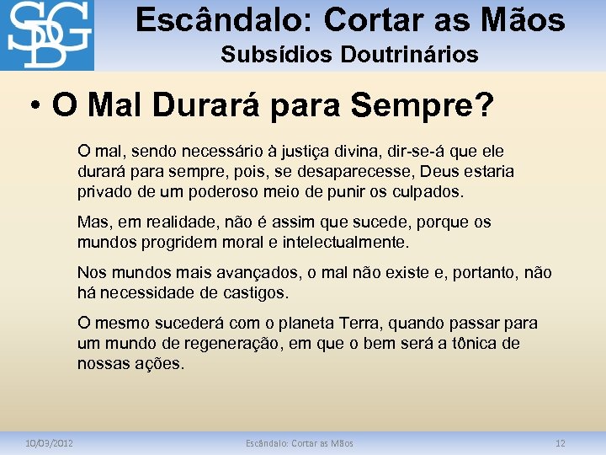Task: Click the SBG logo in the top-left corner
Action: click(x=47, y=35)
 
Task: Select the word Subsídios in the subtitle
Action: click(x=277, y=56)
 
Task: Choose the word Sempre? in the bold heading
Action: click(x=433, y=107)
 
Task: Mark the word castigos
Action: click(x=254, y=293)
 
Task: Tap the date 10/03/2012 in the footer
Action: click(x=48, y=443)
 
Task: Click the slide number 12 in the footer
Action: click(x=561, y=443)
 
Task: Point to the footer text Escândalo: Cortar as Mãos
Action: click(x=300, y=443)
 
